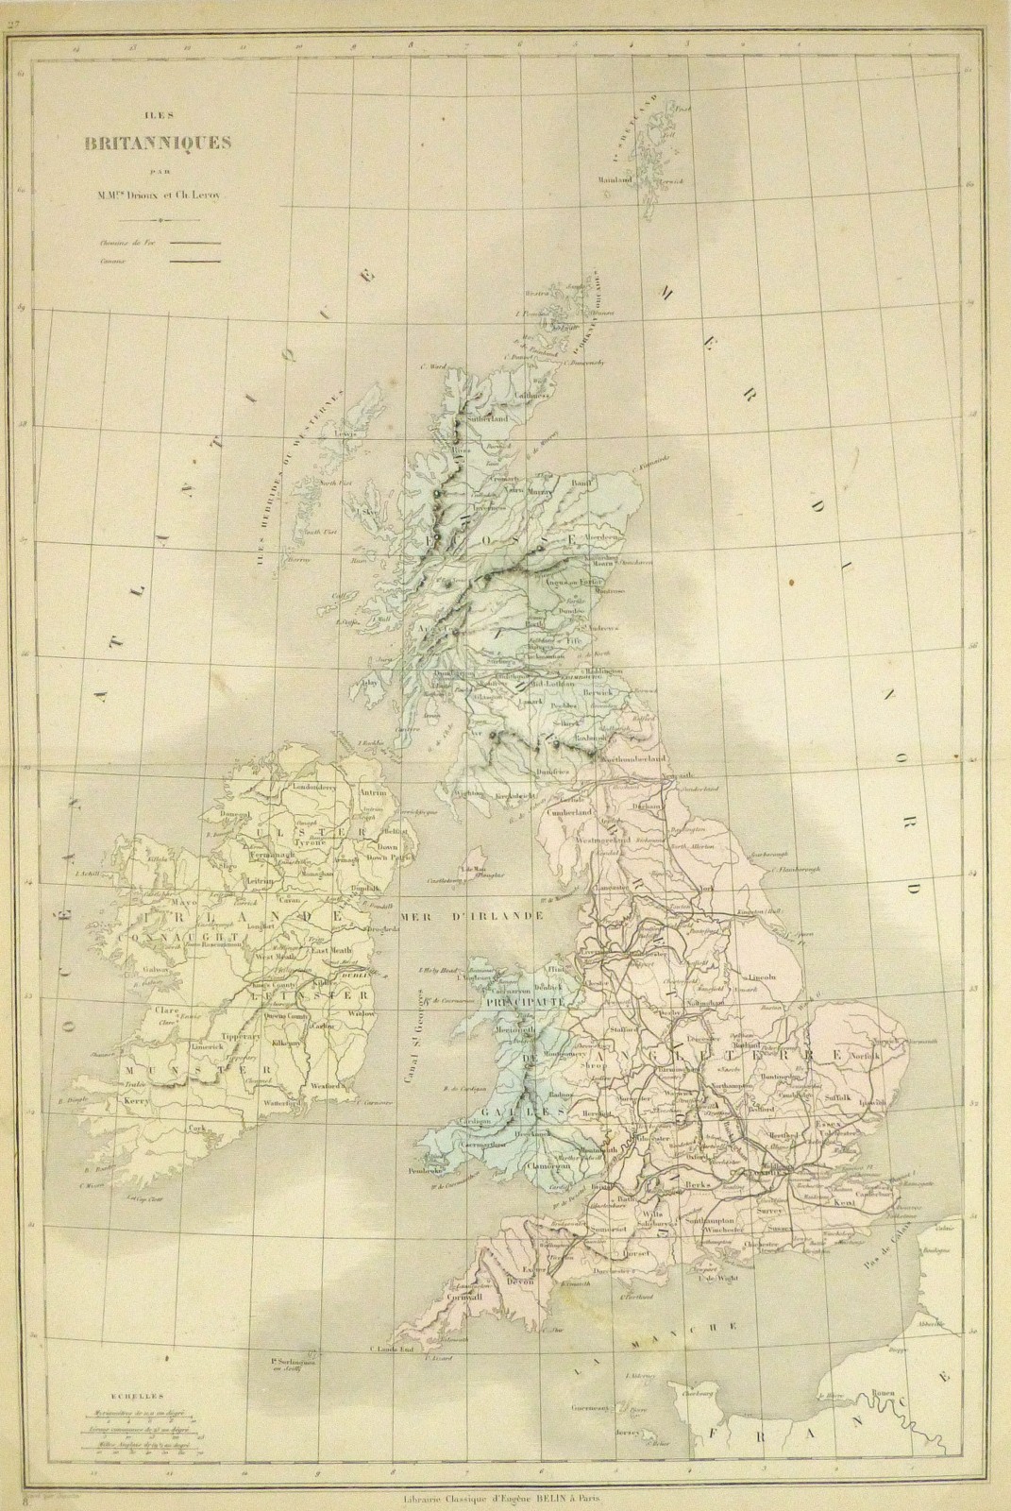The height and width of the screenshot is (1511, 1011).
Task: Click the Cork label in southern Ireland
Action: [196, 1127]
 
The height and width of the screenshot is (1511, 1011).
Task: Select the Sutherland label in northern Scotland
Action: [488, 416]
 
